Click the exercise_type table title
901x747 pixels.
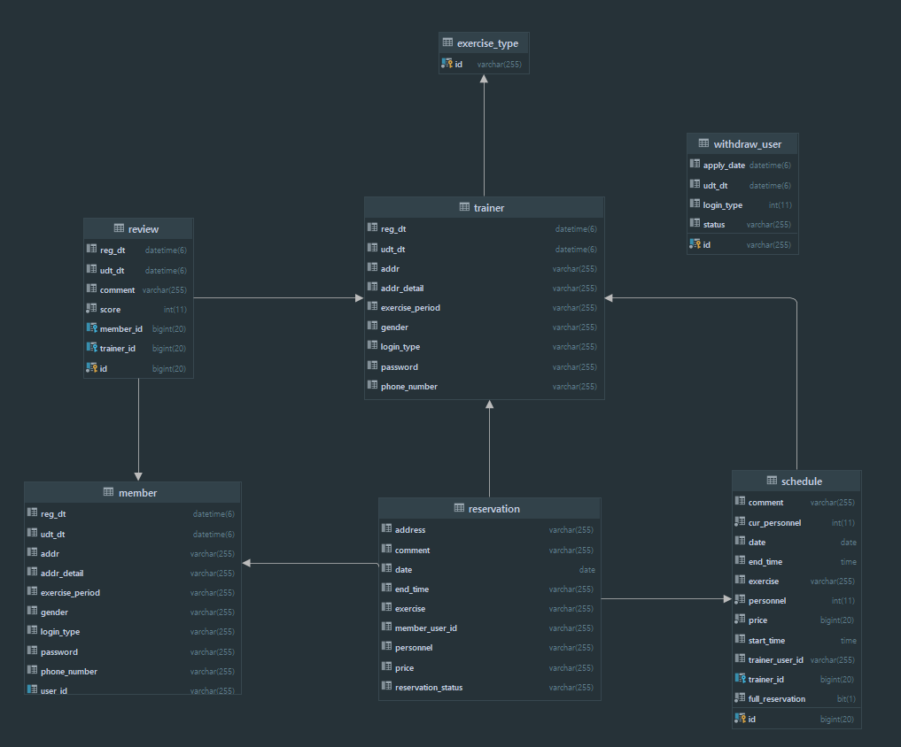pos(487,42)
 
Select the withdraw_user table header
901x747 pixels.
pos(747,143)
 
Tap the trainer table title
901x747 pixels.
pos(488,207)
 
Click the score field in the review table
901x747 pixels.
pos(110,309)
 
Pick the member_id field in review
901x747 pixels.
pos(120,328)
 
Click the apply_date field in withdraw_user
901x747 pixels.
pos(724,166)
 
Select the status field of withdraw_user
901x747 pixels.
pos(713,224)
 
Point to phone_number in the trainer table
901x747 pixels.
pos(408,386)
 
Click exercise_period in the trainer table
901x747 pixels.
pos(410,307)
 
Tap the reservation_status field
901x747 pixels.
pos(428,687)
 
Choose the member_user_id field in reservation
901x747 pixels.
pos(425,628)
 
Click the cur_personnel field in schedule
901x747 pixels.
pos(774,522)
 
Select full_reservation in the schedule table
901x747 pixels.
pos(776,698)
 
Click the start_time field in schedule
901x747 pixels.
pos(766,640)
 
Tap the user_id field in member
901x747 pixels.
pos(53,689)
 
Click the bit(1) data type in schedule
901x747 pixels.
pos(846,698)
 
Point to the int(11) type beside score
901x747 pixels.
pos(174,309)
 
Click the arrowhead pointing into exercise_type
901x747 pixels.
pos(484,79)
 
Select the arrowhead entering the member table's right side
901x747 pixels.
pos(247,563)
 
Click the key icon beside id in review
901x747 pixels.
pos(91,367)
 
